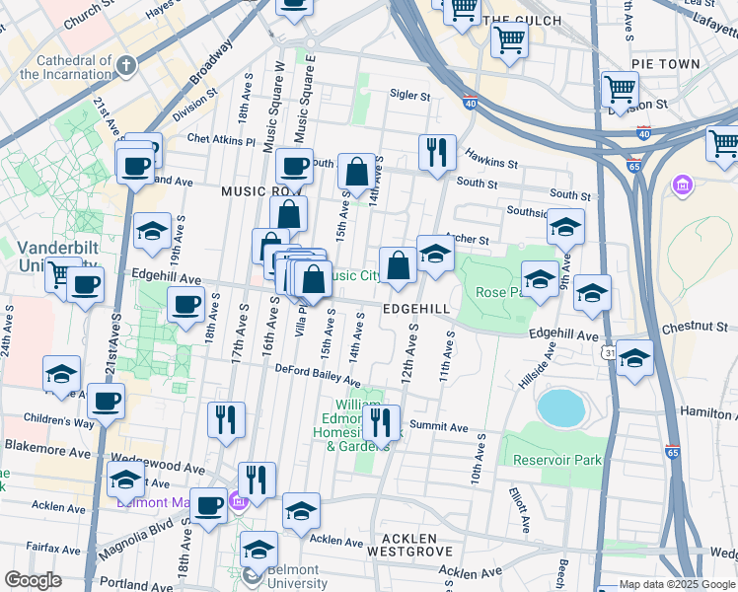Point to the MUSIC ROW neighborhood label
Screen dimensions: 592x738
pos(258,191)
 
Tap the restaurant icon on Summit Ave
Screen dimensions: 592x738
pos(380,422)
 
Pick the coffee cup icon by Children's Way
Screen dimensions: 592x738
pos(107,402)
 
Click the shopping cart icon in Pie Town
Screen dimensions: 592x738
pos(621,90)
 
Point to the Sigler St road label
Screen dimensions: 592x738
pos(409,97)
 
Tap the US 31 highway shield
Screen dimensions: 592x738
pos(612,353)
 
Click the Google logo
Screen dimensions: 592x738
pos(33,580)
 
